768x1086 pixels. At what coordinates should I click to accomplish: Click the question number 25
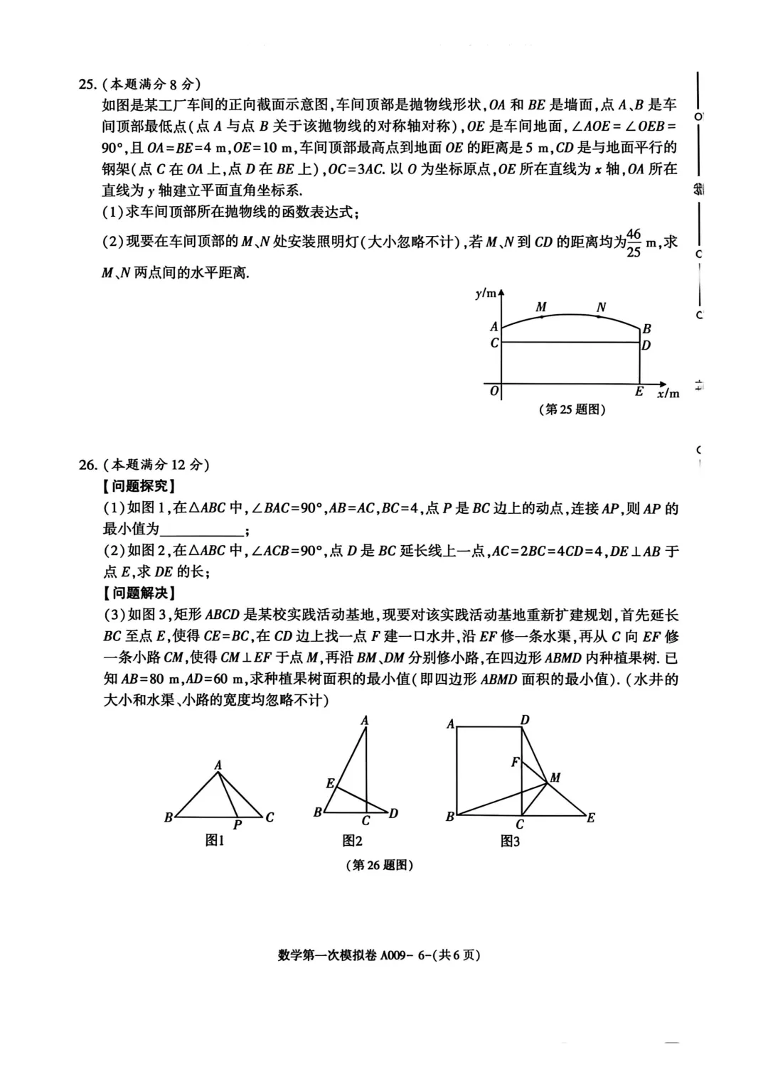pos(87,84)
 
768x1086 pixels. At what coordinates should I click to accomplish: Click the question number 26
pos(87,465)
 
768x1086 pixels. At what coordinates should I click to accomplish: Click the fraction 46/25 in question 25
pos(634,242)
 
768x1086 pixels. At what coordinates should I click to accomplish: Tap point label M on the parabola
pos(541,307)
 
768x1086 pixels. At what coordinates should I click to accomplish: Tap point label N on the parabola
pos(601,307)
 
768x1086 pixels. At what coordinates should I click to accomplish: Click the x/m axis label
pos(668,393)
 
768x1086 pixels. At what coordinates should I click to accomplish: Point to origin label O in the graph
pos(494,392)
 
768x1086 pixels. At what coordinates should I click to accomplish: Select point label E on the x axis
pos(639,392)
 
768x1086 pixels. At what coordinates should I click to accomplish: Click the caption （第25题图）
pos(573,409)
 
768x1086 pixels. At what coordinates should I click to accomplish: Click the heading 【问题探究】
pos(139,486)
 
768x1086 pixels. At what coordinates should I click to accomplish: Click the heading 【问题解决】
pos(139,593)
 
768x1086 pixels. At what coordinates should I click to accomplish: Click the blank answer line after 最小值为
pos(202,530)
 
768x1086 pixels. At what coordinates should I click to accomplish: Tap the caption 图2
pos(353,841)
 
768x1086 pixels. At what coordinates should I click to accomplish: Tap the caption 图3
pos(510,841)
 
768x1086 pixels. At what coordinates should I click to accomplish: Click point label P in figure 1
pos(238,824)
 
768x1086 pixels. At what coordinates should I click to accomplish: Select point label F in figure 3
pos(515,762)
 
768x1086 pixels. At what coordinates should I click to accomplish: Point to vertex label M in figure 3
pos(555,778)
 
